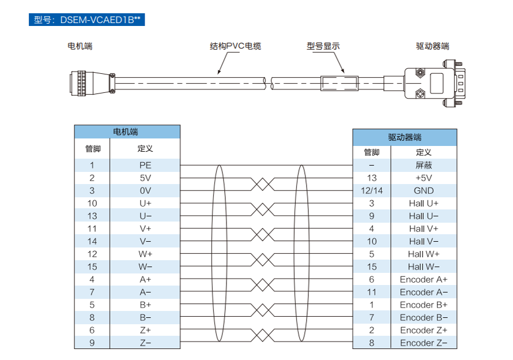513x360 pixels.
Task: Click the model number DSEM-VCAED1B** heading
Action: (x=86, y=20)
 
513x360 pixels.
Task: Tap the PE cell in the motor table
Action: (x=145, y=165)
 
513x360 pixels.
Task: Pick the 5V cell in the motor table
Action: (x=145, y=178)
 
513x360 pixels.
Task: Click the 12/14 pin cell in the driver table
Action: (x=372, y=190)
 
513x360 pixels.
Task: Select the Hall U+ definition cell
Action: (x=424, y=203)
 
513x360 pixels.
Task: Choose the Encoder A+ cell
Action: (x=424, y=279)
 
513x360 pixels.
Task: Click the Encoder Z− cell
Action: (x=424, y=343)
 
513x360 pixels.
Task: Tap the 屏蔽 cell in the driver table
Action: (x=424, y=165)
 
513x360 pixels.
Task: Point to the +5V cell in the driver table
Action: (x=424, y=178)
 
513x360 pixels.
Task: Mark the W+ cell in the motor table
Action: (x=145, y=254)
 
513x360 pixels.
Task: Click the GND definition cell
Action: (x=424, y=190)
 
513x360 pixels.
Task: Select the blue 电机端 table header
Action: (x=127, y=132)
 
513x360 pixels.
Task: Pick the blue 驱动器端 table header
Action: (x=405, y=137)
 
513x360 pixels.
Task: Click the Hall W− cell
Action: (x=424, y=267)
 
